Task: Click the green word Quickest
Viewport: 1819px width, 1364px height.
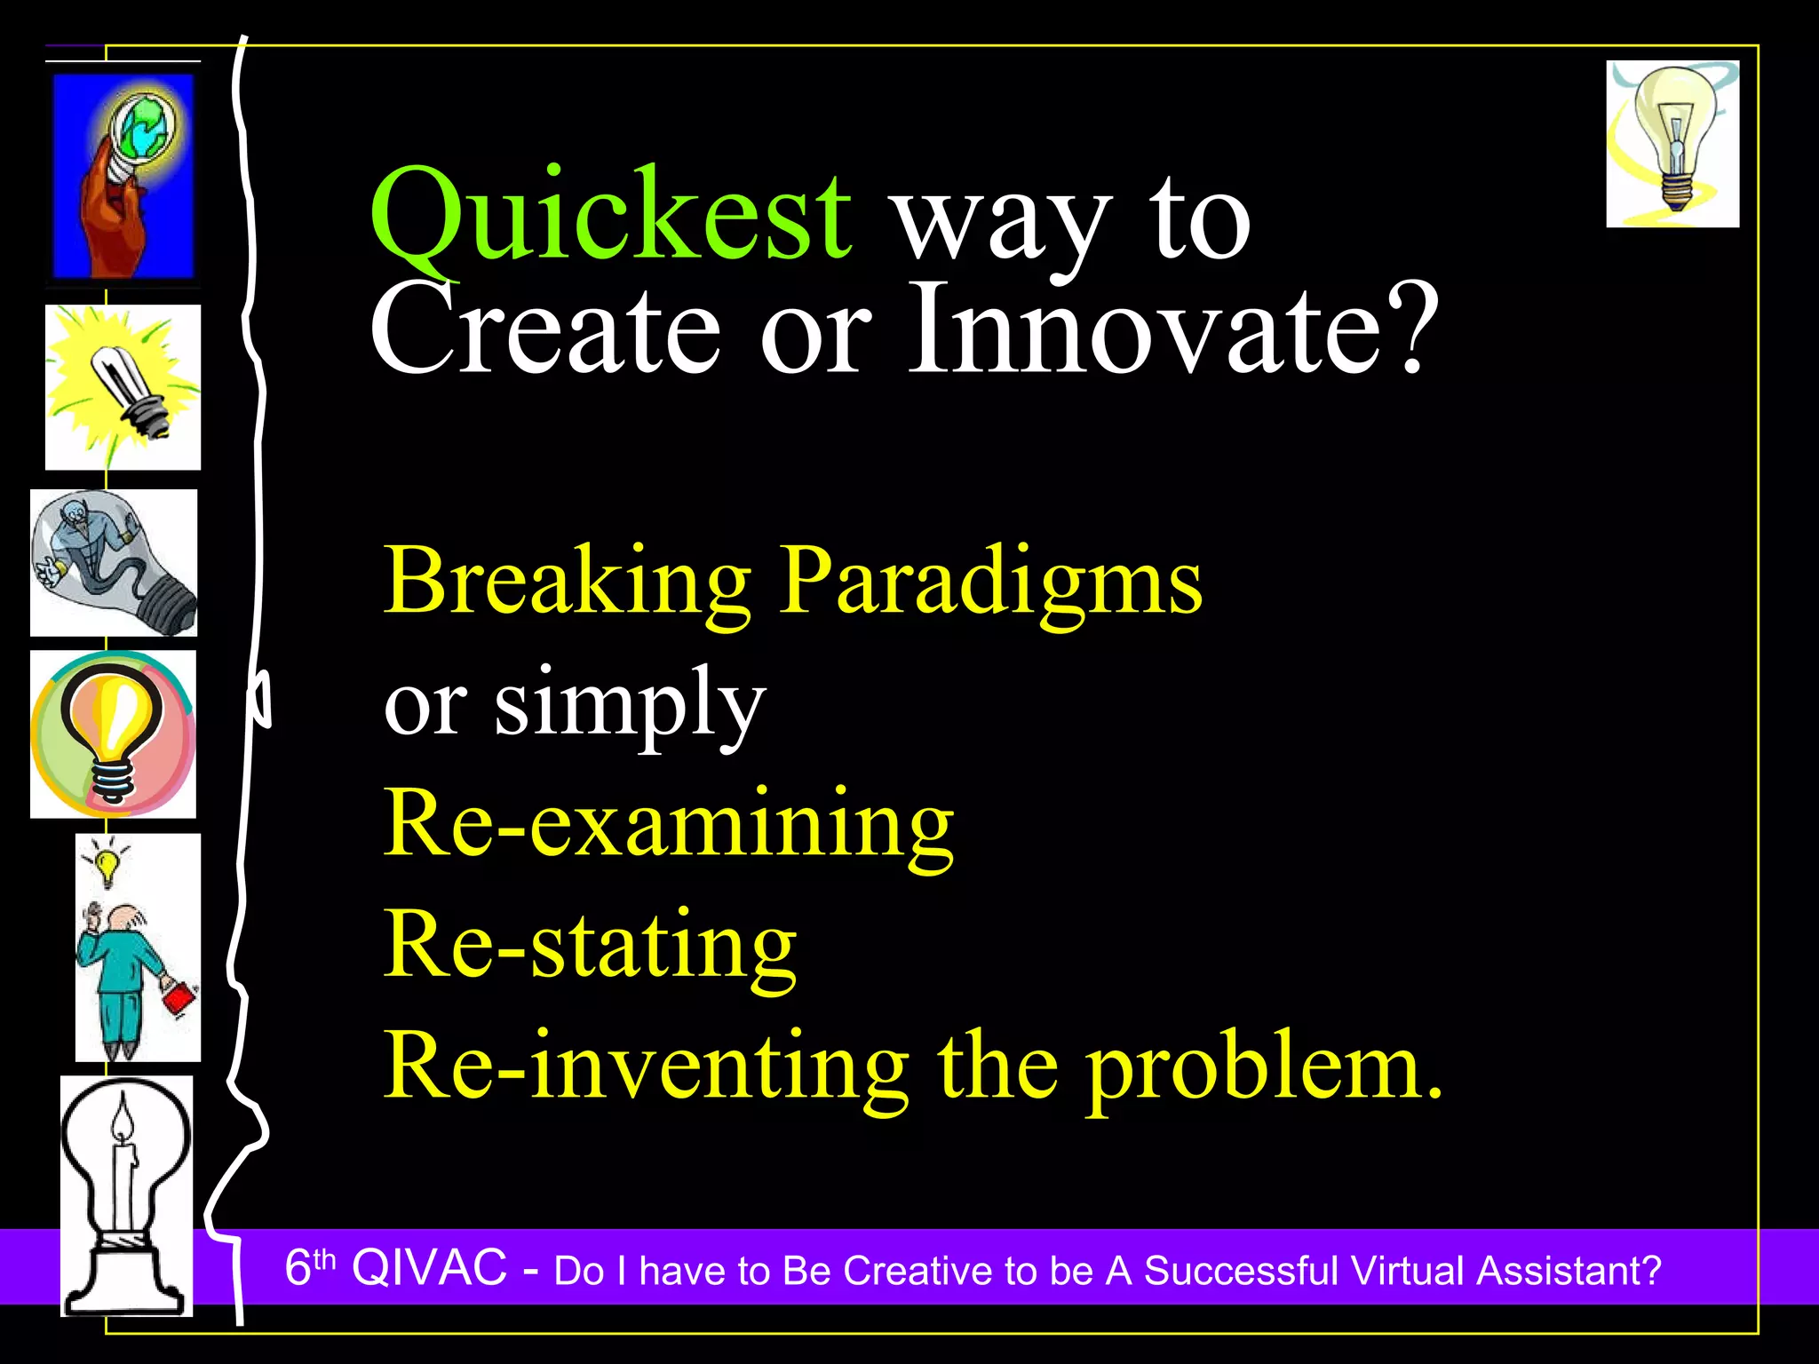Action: [x=611, y=218]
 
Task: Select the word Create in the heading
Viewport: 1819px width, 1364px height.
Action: [x=544, y=330]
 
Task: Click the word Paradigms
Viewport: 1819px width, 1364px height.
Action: [x=990, y=582]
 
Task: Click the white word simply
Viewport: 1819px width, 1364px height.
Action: [x=630, y=706]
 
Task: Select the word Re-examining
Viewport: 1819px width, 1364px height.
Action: [x=668, y=826]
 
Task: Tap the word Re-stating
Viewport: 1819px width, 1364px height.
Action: [x=590, y=946]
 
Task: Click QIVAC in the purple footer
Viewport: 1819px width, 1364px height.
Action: [x=430, y=1267]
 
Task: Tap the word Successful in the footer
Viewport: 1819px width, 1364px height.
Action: [x=1240, y=1271]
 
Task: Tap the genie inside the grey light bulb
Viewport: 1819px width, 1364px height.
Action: [x=89, y=542]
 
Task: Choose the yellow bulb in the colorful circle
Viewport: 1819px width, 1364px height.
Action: [x=113, y=733]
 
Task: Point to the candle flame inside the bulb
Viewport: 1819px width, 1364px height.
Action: [x=123, y=1121]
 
